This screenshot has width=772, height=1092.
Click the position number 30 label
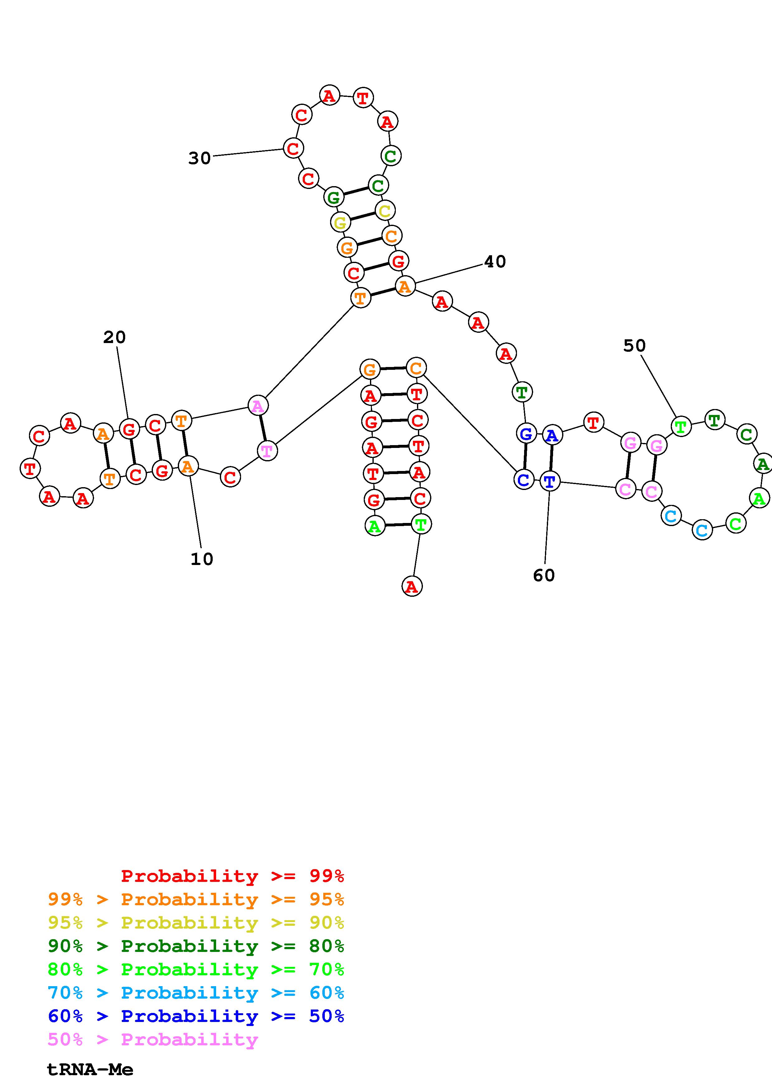click(x=199, y=158)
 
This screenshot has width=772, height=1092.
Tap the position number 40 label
click(x=495, y=261)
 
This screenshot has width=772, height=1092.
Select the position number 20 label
click(x=114, y=337)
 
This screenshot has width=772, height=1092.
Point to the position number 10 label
click(x=202, y=559)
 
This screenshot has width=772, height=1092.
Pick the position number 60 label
click(x=544, y=576)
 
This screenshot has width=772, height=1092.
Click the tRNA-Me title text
click(x=90, y=1070)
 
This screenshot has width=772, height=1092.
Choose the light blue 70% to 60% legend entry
click(x=196, y=993)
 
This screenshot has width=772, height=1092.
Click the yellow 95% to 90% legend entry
click(x=196, y=923)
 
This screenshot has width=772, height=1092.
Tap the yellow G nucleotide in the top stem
click(x=340, y=222)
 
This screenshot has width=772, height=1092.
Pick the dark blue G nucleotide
click(x=526, y=434)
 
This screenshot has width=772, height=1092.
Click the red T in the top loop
click(x=363, y=98)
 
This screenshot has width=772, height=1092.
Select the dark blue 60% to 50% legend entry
click(x=196, y=1016)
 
